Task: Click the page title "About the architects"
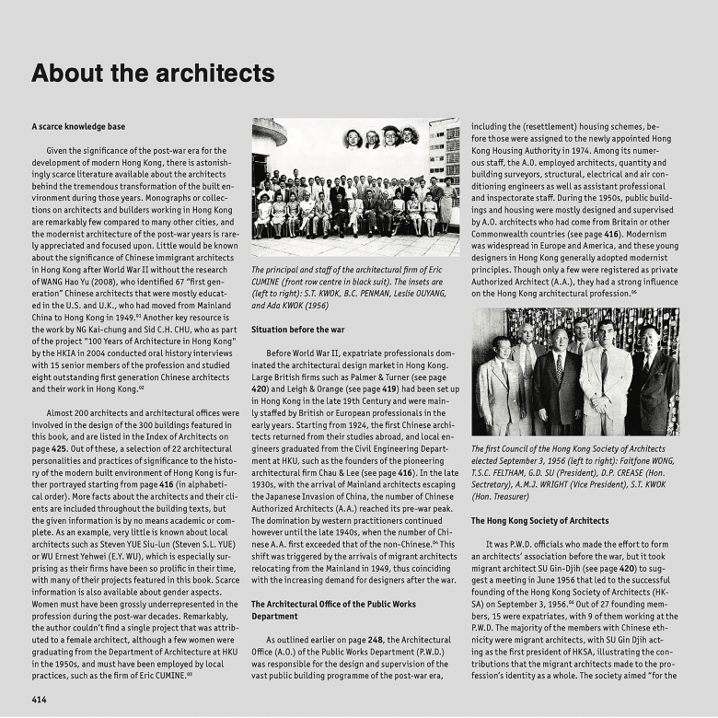[x=153, y=74]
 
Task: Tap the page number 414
[x=41, y=699]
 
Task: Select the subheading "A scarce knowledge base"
[x=78, y=126]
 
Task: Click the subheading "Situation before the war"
[x=297, y=329]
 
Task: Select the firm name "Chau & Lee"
[x=337, y=473]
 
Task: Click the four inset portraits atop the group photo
[x=381, y=138]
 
